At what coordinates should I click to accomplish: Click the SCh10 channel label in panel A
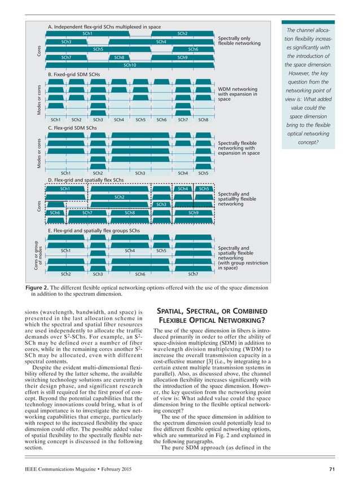tap(130, 65)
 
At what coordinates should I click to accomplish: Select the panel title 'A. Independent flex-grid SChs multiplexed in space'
tap(104, 27)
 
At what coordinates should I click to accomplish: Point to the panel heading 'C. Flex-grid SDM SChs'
tap(72, 128)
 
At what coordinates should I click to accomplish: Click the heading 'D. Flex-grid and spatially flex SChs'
tap(86, 180)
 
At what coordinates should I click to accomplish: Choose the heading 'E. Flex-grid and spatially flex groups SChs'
tap(94, 231)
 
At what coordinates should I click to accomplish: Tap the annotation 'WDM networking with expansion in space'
tap(238, 94)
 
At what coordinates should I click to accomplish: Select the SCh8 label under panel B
tap(203, 120)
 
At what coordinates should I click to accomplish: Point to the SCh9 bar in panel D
tap(193, 213)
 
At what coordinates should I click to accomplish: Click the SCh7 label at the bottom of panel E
tap(193, 274)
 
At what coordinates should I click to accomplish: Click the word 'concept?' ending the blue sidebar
tap(308, 142)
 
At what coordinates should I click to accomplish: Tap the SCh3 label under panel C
tap(140, 173)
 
